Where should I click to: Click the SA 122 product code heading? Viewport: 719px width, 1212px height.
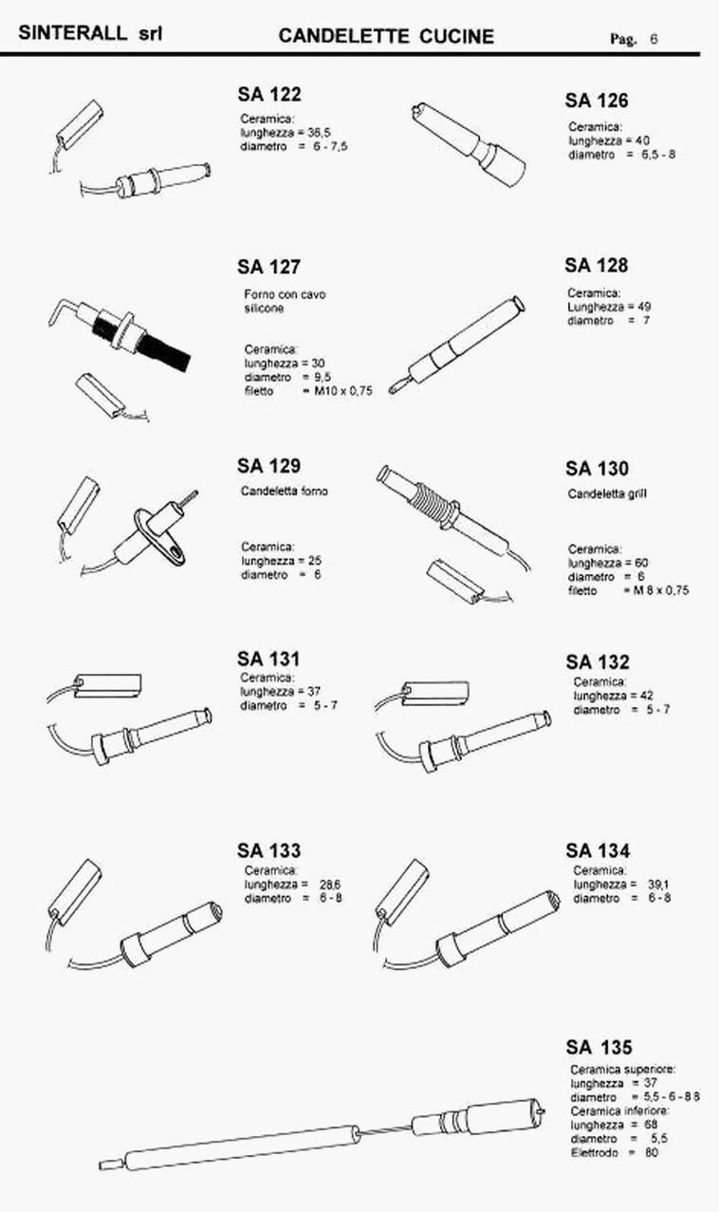click(269, 94)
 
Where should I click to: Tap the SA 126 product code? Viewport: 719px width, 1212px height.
click(597, 100)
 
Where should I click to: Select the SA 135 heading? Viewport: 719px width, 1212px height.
click(599, 1047)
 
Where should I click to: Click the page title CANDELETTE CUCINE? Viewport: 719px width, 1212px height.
click(386, 36)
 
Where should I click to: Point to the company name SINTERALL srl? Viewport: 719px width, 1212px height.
click(90, 33)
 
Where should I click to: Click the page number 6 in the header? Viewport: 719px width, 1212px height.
click(654, 39)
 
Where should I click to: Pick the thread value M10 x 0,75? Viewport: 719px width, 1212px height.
click(343, 391)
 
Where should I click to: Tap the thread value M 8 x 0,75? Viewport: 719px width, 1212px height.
click(661, 590)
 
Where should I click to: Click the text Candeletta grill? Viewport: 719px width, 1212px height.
click(607, 494)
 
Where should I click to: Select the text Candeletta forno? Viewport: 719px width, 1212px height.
click(285, 491)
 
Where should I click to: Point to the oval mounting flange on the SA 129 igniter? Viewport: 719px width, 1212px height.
click(160, 538)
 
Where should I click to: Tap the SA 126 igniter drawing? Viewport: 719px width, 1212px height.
click(469, 143)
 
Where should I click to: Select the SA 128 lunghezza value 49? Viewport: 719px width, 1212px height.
click(644, 307)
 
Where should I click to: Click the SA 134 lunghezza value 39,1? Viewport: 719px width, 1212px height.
click(658, 885)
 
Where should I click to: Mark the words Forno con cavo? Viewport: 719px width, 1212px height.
click(285, 294)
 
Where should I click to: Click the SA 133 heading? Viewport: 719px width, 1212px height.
click(268, 850)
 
